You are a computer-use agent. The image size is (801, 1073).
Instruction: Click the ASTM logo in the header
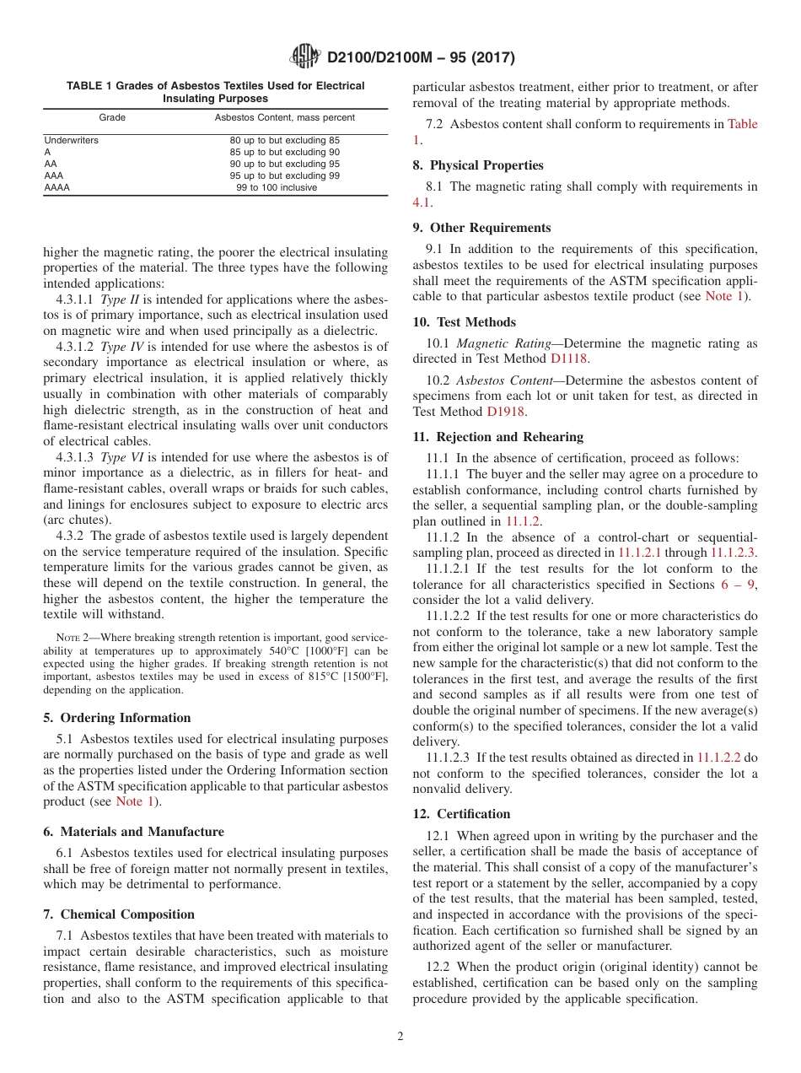[x=304, y=57]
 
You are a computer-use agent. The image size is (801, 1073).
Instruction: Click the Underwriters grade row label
[x=71, y=140]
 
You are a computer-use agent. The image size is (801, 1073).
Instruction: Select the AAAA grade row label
[x=56, y=187]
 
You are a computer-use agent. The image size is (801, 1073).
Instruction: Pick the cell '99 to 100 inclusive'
[x=277, y=187]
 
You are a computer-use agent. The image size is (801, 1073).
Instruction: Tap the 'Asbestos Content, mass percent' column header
[x=284, y=117]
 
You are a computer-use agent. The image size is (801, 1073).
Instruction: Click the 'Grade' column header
[x=112, y=117]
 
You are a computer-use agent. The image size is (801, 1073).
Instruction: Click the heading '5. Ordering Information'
[x=117, y=718]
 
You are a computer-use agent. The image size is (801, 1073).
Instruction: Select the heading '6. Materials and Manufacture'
[x=133, y=832]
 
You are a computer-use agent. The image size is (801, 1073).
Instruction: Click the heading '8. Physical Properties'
[x=478, y=165]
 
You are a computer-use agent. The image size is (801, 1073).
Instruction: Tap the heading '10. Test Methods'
[x=464, y=322]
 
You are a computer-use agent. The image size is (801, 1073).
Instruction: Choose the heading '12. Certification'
[x=461, y=814]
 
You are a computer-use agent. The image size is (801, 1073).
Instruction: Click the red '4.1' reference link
[x=422, y=202]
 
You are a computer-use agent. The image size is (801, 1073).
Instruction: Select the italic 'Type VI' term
[x=122, y=457]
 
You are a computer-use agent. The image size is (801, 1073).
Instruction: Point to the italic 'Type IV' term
[x=122, y=346]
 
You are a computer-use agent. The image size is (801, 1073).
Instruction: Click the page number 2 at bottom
[x=400, y=1037]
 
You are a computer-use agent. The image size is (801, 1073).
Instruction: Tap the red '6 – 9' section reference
[x=733, y=584]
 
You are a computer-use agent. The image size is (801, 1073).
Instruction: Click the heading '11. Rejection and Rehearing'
[x=497, y=437]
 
